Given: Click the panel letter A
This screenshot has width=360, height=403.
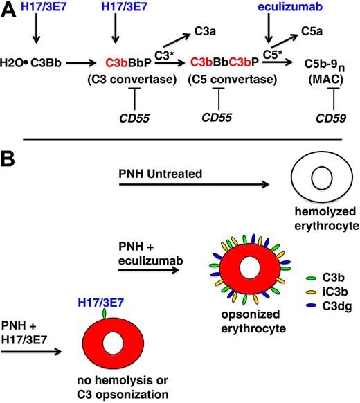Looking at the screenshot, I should [9, 11].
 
